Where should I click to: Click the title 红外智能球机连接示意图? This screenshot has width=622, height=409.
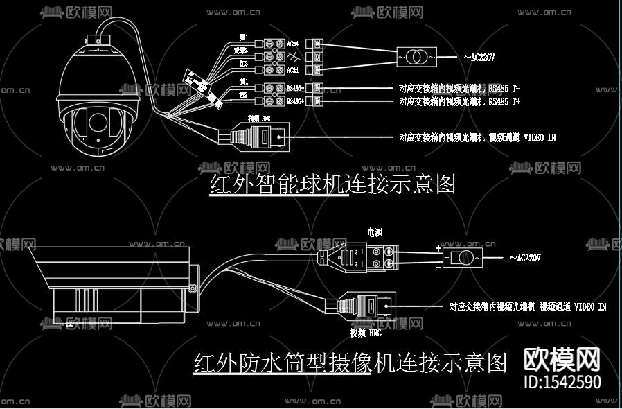point(332,184)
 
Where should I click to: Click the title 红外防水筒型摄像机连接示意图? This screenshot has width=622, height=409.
point(350,363)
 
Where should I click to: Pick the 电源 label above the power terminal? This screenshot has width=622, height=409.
point(375,232)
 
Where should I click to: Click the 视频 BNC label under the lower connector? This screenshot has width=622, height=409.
point(366,333)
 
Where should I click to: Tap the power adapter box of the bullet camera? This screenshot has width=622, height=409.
point(463,259)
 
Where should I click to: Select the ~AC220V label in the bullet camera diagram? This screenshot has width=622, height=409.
point(524,258)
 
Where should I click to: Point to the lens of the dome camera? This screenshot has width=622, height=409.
point(97,123)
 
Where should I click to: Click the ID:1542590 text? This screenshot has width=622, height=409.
point(562,382)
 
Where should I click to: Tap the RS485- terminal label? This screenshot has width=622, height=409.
point(295,89)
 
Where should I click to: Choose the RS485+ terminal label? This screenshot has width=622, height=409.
point(295,101)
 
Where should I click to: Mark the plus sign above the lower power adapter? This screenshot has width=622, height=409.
point(438,247)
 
